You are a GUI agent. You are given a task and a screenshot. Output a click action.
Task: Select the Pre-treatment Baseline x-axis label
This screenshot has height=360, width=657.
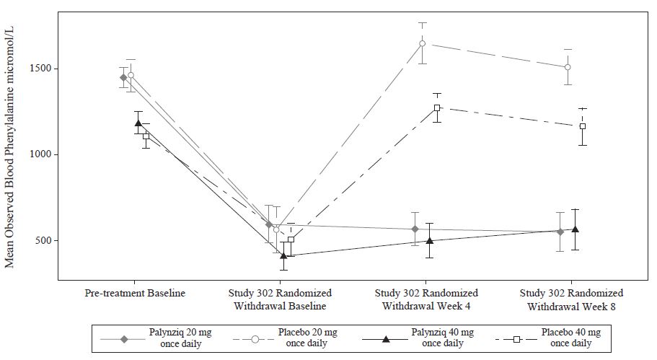(x=135, y=294)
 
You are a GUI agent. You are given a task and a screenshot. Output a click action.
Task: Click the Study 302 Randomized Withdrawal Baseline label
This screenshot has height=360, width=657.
(x=281, y=299)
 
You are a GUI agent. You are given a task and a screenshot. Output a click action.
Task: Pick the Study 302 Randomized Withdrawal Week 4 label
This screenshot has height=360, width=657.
(x=426, y=299)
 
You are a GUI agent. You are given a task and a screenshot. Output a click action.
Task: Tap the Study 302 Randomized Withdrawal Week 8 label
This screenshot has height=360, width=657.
(x=571, y=299)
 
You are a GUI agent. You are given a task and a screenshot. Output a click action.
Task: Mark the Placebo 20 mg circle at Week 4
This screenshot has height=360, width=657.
(x=423, y=43)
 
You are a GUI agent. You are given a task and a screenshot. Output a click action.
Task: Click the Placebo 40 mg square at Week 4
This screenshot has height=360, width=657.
(x=437, y=107)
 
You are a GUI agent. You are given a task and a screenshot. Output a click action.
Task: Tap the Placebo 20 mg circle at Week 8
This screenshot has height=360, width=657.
(x=568, y=67)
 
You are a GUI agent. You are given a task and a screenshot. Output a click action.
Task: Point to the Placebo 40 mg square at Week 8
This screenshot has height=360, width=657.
(x=583, y=126)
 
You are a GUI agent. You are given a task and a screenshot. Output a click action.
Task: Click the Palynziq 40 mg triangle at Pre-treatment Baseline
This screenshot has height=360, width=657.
(x=138, y=123)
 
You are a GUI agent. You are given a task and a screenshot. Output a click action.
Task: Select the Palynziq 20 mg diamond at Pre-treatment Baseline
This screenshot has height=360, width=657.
(x=123, y=77)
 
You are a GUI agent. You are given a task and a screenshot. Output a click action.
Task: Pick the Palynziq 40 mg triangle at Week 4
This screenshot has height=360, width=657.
(x=429, y=241)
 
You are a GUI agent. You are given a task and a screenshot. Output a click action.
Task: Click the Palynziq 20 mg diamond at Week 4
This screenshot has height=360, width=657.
(x=415, y=229)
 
